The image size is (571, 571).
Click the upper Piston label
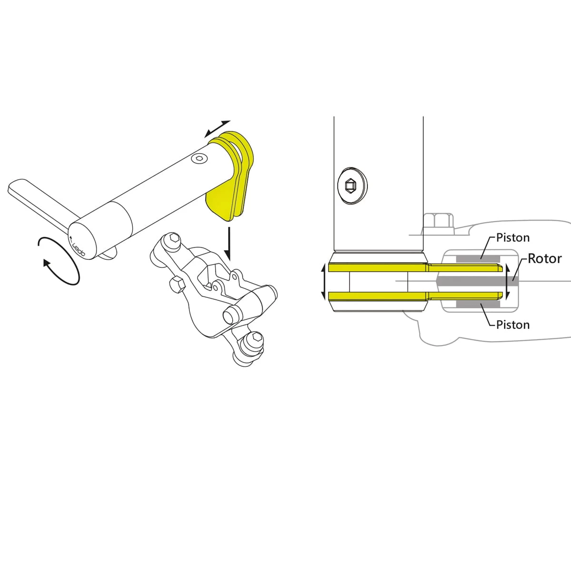(x=513, y=237)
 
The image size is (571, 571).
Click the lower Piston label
(x=513, y=325)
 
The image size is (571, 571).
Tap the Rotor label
(x=545, y=259)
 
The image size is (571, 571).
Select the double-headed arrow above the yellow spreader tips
(x=217, y=129)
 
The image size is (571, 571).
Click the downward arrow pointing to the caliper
(x=228, y=244)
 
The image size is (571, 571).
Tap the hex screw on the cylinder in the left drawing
(x=198, y=158)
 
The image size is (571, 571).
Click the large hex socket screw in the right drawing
(x=352, y=186)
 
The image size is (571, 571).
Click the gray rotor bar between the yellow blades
(x=477, y=281)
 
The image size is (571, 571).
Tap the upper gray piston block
(x=478, y=259)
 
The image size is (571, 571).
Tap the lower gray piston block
(x=478, y=305)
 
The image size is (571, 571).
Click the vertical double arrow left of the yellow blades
(x=324, y=282)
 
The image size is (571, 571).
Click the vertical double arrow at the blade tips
(x=508, y=282)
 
